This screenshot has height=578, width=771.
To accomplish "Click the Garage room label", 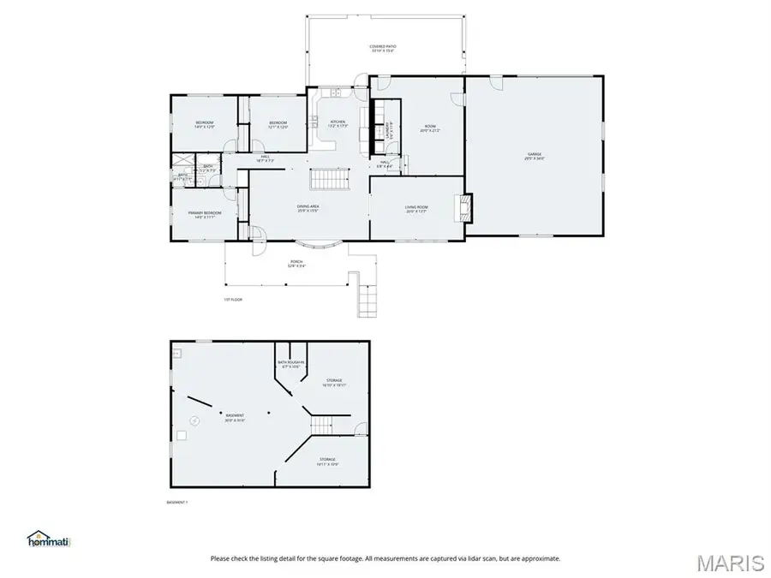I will [535, 157].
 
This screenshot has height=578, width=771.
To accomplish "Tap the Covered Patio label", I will [383, 48].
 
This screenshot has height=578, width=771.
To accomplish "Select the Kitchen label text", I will [338, 123].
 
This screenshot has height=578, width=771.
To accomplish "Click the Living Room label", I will [416, 208].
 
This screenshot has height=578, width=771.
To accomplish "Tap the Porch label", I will [296, 264].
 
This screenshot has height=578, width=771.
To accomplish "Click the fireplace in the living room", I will [464, 206].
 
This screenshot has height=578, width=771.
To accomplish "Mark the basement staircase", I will [321, 424].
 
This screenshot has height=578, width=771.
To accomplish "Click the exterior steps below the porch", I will [366, 300].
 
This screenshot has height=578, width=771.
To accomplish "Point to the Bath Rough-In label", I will [290, 364].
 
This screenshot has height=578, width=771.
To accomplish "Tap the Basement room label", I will [235, 418].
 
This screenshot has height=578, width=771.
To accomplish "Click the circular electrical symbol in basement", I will [195, 420].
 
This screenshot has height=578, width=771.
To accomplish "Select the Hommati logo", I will [49, 539].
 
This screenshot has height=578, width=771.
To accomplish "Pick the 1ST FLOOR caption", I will [234, 299].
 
